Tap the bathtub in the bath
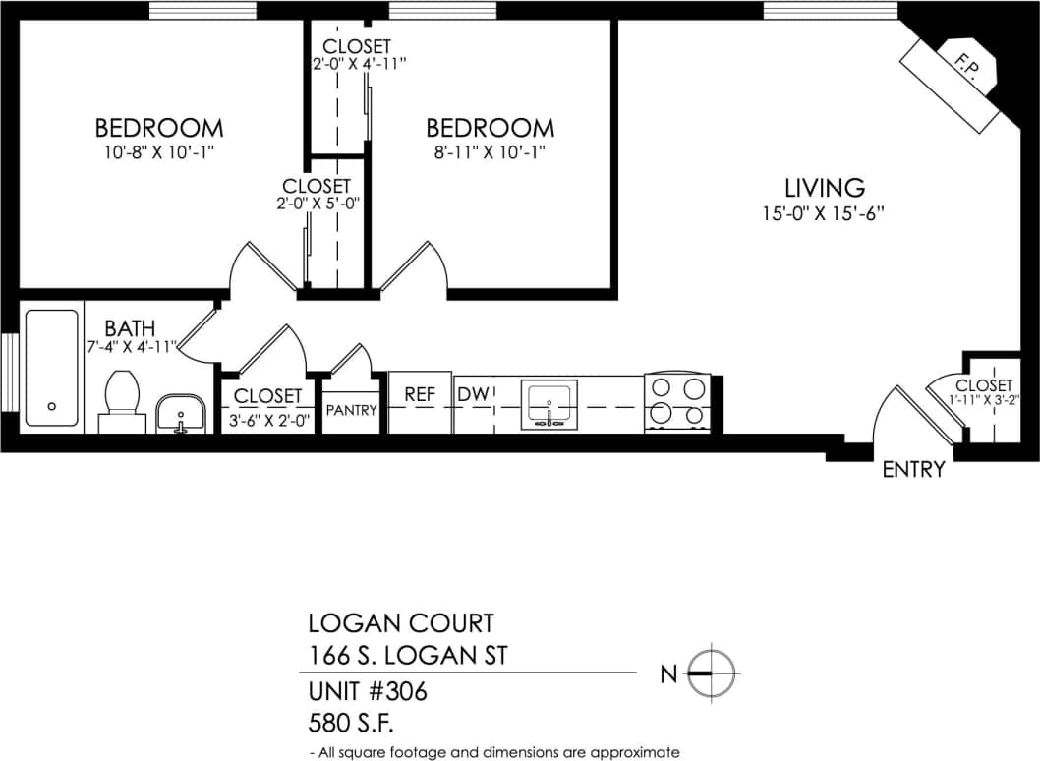pyautogui.click(x=51, y=368)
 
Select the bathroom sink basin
pyautogui.click(x=180, y=411)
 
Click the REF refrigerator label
pyautogui.click(x=420, y=394)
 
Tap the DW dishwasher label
pyautogui.click(x=474, y=394)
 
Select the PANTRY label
pyautogui.click(x=351, y=410)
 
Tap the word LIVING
pyautogui.click(x=824, y=187)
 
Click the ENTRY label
pyautogui.click(x=913, y=469)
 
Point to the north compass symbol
pyautogui.click(x=712, y=673)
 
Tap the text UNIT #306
pyautogui.click(x=368, y=692)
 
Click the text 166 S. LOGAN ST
pyautogui.click(x=408, y=654)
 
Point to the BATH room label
pyautogui.click(x=130, y=327)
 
